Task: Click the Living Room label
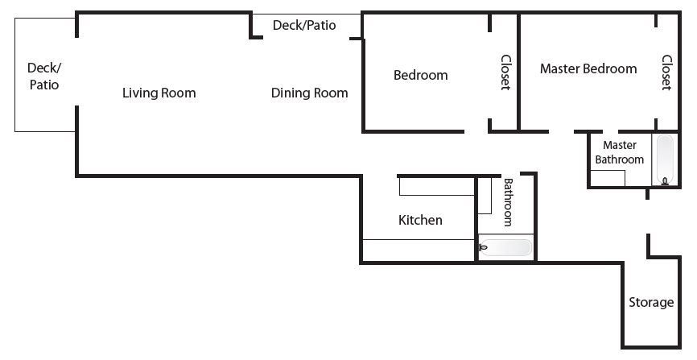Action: tap(159, 93)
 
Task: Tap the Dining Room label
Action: tap(309, 93)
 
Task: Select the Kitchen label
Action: tap(420, 220)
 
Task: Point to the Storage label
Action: tap(651, 303)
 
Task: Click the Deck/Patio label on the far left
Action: tap(44, 76)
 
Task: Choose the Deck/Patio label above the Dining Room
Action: tap(304, 25)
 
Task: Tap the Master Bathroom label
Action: tap(619, 152)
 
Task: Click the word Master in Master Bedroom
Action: tap(559, 68)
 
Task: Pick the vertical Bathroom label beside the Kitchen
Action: tap(508, 202)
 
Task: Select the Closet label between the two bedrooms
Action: tap(506, 72)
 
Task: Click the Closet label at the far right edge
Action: tap(666, 72)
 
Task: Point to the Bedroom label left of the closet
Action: tap(420, 75)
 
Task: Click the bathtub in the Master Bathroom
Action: tap(665, 159)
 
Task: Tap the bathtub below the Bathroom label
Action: tap(506, 247)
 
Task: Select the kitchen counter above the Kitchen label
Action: tap(437, 187)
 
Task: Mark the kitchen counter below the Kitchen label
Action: tap(419, 250)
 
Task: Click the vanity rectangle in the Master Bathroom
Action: tap(608, 178)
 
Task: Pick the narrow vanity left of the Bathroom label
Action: tap(485, 196)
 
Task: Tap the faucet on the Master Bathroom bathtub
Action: tap(665, 180)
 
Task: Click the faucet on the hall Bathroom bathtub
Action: tap(483, 247)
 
